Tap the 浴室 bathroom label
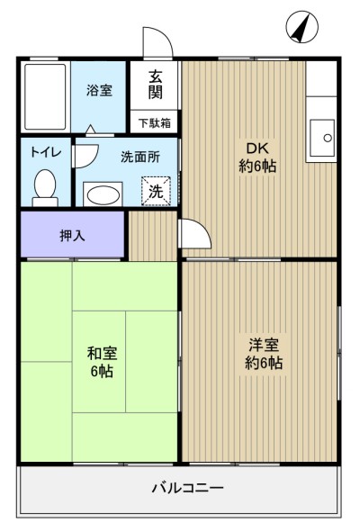(x=99, y=91)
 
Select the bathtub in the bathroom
(x=45, y=97)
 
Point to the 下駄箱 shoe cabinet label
(x=155, y=122)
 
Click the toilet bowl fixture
(x=45, y=187)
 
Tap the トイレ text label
(x=46, y=152)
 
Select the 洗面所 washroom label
(x=140, y=158)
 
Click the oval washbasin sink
(x=103, y=195)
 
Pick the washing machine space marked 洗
(x=156, y=192)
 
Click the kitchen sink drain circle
(x=328, y=138)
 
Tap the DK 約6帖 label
(x=257, y=158)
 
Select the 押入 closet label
(x=72, y=236)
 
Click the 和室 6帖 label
(x=102, y=363)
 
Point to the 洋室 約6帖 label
(x=264, y=354)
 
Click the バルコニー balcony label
(x=187, y=488)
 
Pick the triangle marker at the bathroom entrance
(x=90, y=130)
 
